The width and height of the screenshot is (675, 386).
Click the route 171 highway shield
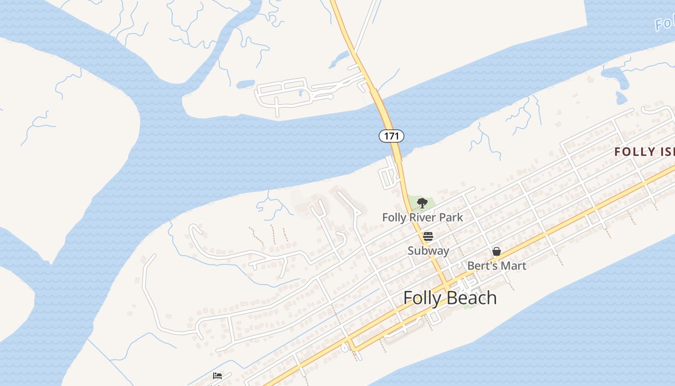391,136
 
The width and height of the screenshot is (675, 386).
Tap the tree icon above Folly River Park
422,203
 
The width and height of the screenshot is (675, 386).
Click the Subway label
428,251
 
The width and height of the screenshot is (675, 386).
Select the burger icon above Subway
428,236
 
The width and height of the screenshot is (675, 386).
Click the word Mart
514,266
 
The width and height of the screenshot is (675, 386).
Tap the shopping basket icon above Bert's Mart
497,251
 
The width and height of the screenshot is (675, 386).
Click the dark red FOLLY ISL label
644,152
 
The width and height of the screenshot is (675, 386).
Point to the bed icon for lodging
217,376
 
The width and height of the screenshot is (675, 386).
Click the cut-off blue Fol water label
665,23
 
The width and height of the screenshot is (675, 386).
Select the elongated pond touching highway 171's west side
339,60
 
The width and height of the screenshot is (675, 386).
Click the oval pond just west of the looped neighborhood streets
245,84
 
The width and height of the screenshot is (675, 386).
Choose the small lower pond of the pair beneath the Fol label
621,98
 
